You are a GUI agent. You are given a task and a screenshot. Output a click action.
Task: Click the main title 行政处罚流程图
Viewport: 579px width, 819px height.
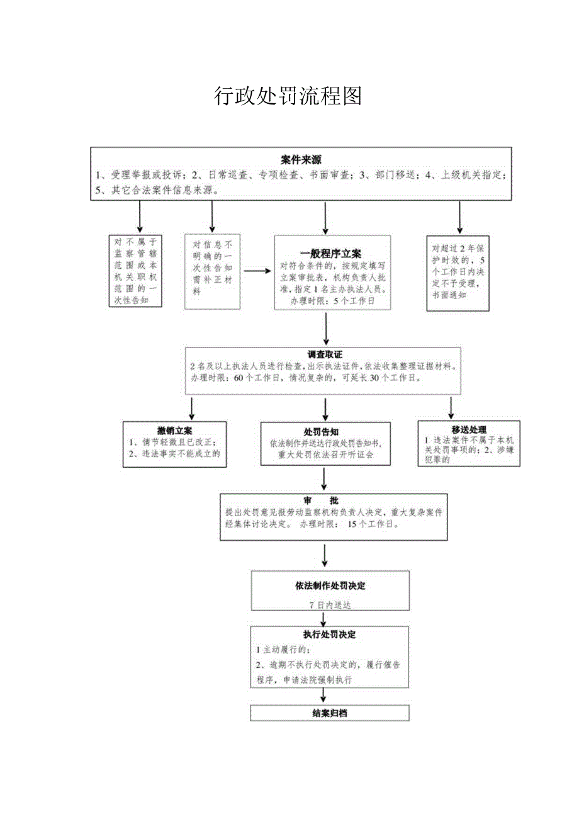[x=288, y=96]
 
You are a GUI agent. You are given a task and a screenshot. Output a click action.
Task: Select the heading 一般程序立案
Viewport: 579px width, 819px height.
[x=330, y=253]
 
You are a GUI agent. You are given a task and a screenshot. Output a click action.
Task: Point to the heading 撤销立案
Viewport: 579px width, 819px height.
[x=175, y=431]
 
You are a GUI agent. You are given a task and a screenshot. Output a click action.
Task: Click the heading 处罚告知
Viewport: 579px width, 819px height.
[x=322, y=432]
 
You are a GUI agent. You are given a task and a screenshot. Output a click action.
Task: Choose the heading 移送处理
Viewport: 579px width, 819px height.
[x=469, y=430]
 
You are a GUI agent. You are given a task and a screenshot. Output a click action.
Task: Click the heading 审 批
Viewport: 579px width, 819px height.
[x=321, y=500]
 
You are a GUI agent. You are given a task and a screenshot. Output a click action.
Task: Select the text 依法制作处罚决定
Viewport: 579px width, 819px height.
[x=330, y=585]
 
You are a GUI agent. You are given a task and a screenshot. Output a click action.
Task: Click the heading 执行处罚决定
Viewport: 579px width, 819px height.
[x=330, y=635]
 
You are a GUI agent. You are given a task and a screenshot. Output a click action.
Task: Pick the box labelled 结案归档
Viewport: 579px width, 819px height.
[x=330, y=713]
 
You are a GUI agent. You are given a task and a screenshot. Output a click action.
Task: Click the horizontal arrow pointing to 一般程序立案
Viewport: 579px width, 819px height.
[x=257, y=271]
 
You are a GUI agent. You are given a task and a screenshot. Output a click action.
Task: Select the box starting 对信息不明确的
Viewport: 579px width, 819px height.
[x=212, y=271]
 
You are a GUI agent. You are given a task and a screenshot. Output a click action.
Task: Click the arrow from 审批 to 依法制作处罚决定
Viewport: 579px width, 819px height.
[x=325, y=553]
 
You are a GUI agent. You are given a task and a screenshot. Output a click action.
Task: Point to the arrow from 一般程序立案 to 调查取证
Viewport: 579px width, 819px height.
[x=325, y=328]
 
